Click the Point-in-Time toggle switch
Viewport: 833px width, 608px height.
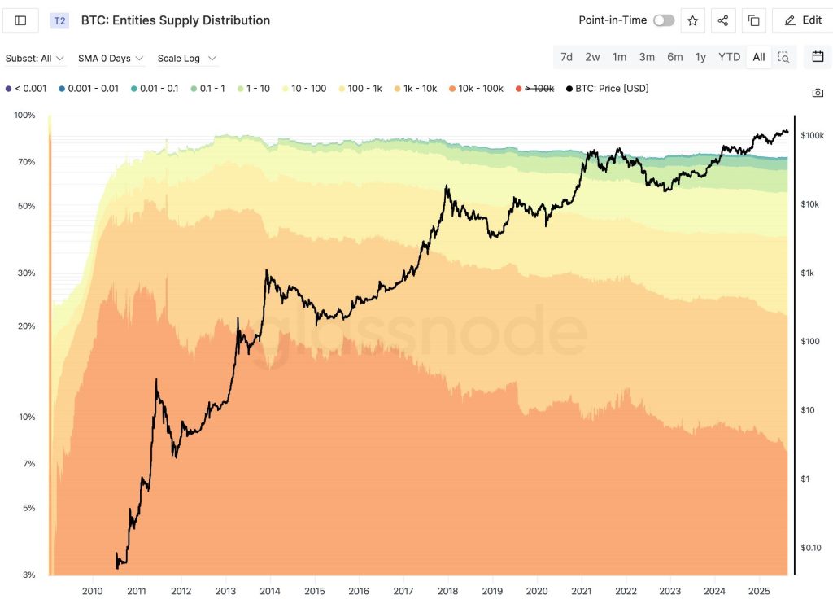pyautogui.click(x=663, y=20)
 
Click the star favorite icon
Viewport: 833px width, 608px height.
pyautogui.click(x=692, y=20)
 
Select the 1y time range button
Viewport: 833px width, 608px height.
pyautogui.click(x=700, y=57)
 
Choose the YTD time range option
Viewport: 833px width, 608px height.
pyautogui.click(x=729, y=57)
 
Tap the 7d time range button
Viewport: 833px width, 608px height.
pyautogui.click(x=566, y=57)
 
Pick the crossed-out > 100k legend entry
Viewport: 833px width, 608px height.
pyautogui.click(x=536, y=88)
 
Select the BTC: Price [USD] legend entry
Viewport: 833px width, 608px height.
pyautogui.click(x=608, y=88)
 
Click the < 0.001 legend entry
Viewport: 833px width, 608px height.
pyautogui.click(x=26, y=88)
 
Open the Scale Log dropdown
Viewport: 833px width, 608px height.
pyautogui.click(x=187, y=59)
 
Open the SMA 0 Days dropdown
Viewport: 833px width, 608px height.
pyautogui.click(x=111, y=59)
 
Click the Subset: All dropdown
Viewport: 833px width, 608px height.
pyautogui.click(x=35, y=59)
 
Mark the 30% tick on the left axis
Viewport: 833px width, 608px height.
pyautogui.click(x=26, y=273)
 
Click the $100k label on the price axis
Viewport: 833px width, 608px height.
pyautogui.click(x=813, y=135)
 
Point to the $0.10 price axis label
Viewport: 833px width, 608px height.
pyautogui.click(x=812, y=548)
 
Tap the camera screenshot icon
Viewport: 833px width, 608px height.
pyautogui.click(x=818, y=93)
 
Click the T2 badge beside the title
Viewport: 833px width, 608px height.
pyautogui.click(x=59, y=20)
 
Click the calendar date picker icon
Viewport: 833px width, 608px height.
pyautogui.click(x=818, y=57)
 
